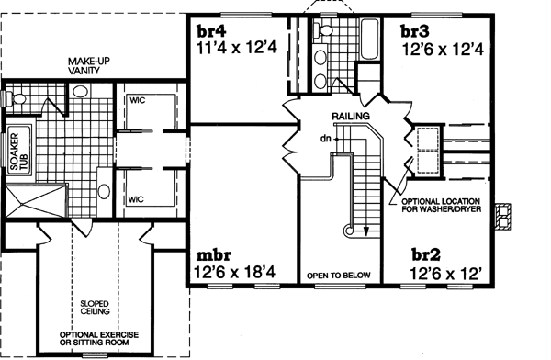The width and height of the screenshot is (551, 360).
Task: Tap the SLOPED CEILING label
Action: click(x=90, y=305)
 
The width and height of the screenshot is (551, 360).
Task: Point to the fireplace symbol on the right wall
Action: click(x=501, y=214)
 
